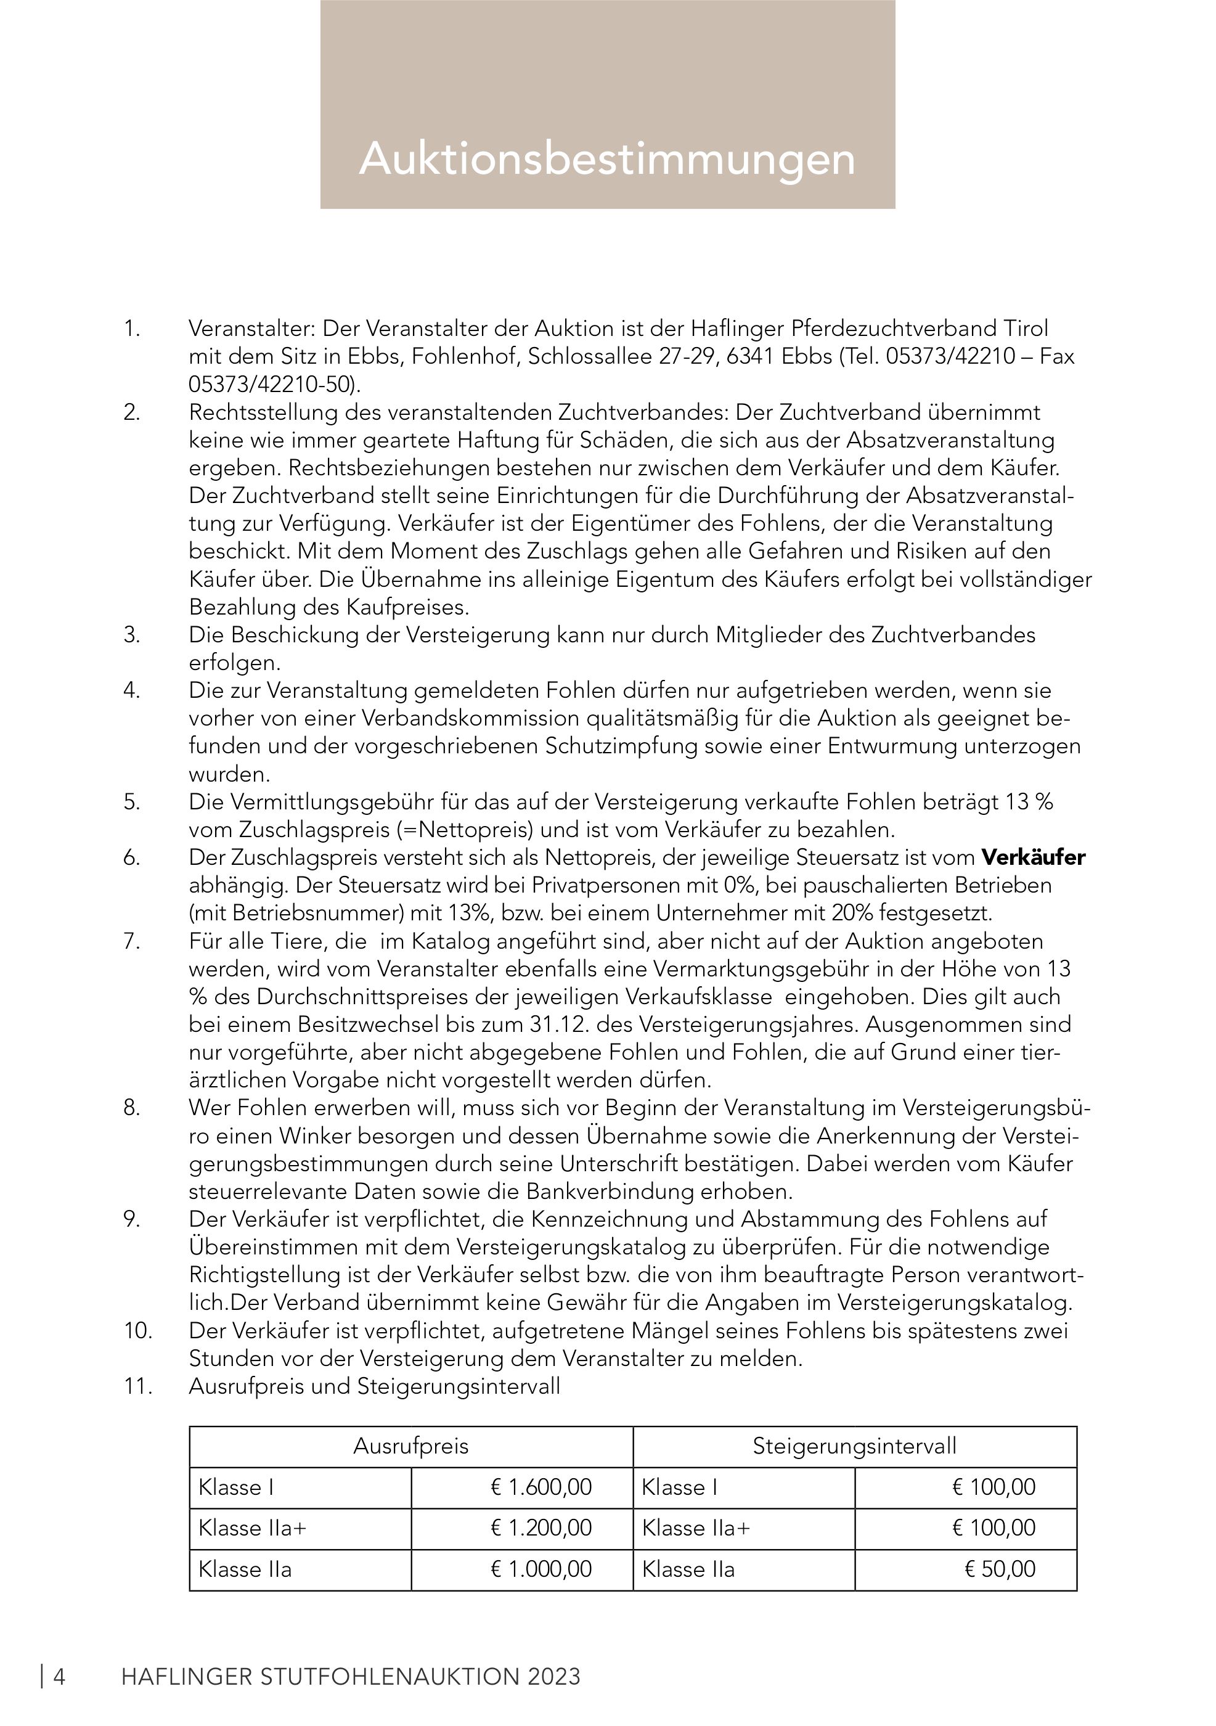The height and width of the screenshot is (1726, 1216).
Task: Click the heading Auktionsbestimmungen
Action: (607, 158)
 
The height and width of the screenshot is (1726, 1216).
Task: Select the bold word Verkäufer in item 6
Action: (1034, 857)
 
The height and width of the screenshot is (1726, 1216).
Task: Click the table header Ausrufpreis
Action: (410, 1446)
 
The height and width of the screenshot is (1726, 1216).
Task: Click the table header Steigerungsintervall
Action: (854, 1446)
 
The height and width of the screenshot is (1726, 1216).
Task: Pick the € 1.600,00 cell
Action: (541, 1486)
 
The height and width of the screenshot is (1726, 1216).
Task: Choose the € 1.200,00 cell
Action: (541, 1528)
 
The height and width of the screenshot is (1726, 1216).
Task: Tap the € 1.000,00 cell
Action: (541, 1569)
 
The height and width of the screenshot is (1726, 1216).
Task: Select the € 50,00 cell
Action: (1000, 1569)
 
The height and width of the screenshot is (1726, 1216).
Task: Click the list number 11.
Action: (137, 1386)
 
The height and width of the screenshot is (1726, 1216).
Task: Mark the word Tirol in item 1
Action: (1026, 329)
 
